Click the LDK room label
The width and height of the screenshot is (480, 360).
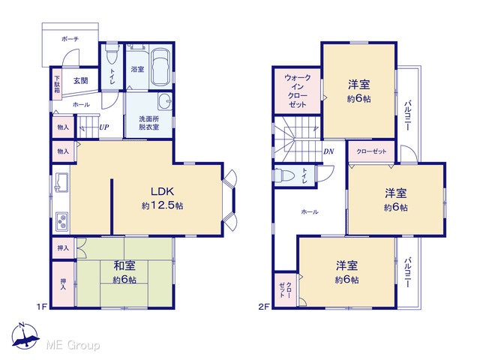pos(163,192)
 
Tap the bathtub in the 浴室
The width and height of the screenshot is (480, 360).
pos(160,68)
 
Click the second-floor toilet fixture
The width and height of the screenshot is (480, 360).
pos(284,176)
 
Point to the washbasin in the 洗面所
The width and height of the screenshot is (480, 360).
pos(165,101)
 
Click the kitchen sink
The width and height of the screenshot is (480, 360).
pos(61,182)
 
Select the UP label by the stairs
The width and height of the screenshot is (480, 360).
pos(104,127)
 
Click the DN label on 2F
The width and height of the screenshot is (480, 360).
pos(328,151)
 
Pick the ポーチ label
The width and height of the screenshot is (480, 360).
pos(70,39)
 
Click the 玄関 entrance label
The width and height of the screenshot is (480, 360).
pos(81,81)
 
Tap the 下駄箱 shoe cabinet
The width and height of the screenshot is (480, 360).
pos(57,84)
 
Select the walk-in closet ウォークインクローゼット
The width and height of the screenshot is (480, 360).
pos(297,91)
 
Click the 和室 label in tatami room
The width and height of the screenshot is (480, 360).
pos(124,265)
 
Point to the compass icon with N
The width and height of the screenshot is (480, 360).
pos(25,336)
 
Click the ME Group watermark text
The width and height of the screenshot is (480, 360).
pos(73,345)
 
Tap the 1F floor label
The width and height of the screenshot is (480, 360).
pos(42,307)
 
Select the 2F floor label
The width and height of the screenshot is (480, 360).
pos(263,307)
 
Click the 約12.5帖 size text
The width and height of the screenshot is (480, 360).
pos(163,205)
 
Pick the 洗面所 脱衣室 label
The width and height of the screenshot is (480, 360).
pos(149,123)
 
